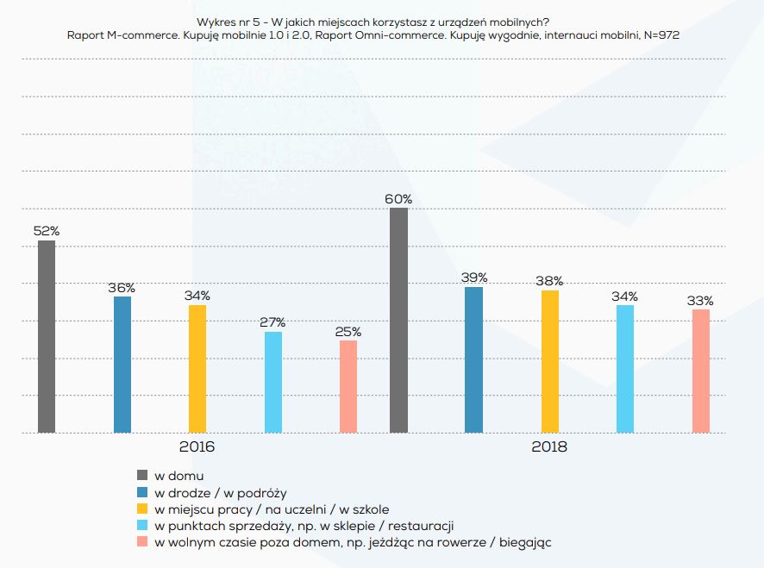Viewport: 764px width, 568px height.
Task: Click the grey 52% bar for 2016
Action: [47, 336]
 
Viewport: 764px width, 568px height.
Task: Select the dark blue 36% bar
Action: [122, 365]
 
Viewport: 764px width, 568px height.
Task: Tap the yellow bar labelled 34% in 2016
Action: [197, 369]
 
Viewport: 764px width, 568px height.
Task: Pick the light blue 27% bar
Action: [273, 382]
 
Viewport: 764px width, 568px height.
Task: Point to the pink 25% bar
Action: [348, 386]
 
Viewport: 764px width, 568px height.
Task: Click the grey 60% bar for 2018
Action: [398, 320]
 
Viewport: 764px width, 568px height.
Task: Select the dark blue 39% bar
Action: [473, 359]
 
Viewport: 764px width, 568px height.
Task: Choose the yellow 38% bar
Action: [550, 361]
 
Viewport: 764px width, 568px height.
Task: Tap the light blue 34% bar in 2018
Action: [625, 369]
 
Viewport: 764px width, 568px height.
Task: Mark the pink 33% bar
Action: [701, 371]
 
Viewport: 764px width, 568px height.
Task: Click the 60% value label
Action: [398, 198]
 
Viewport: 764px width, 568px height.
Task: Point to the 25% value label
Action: [348, 331]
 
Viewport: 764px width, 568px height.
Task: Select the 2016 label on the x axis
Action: [197, 448]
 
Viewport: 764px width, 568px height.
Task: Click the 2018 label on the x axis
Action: [549, 448]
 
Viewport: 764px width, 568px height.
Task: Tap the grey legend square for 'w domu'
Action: [143, 475]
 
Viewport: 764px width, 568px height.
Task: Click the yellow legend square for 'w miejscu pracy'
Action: [143, 509]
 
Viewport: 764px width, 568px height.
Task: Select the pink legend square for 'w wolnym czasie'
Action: [143, 542]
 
